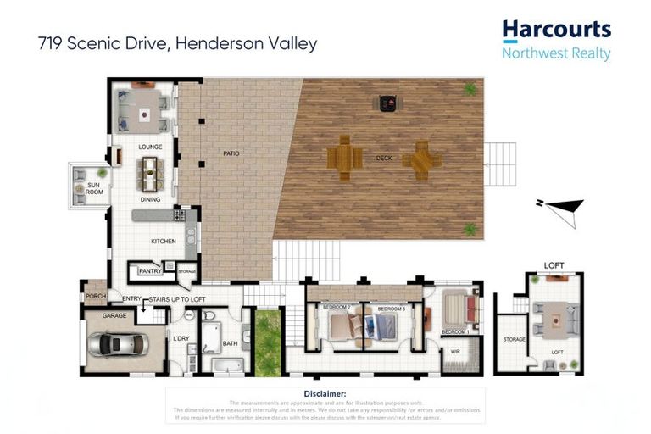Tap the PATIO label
point(231,153)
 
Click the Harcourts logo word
point(556,30)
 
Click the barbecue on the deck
point(389,103)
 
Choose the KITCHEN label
point(164,242)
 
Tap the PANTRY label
point(149,271)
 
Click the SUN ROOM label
point(94,188)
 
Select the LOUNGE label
point(150,147)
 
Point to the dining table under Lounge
point(151,173)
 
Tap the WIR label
point(454,352)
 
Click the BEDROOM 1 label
point(454,331)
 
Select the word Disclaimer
point(324,394)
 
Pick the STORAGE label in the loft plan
point(514,339)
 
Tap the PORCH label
point(94,296)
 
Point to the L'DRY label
point(181,339)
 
